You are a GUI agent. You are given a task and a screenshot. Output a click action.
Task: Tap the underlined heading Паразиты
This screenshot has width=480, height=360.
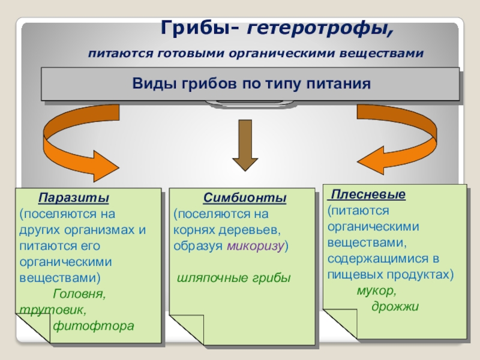point(74,198)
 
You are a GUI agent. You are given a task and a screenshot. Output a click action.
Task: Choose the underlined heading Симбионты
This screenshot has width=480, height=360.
point(244,198)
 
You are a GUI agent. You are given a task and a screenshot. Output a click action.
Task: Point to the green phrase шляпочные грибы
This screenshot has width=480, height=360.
point(233,278)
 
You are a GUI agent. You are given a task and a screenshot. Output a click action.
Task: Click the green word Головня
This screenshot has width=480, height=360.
point(79,295)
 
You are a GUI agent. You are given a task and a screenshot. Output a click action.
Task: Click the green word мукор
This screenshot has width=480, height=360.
point(376,290)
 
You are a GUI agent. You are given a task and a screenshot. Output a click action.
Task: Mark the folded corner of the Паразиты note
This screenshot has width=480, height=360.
point(33,329)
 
